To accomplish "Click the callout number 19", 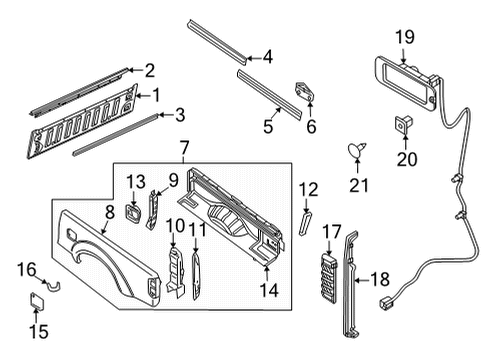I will click(x=403, y=37).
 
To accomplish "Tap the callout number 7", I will click(x=184, y=148).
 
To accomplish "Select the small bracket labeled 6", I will click(x=305, y=91).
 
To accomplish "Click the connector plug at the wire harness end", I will click(x=386, y=304).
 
